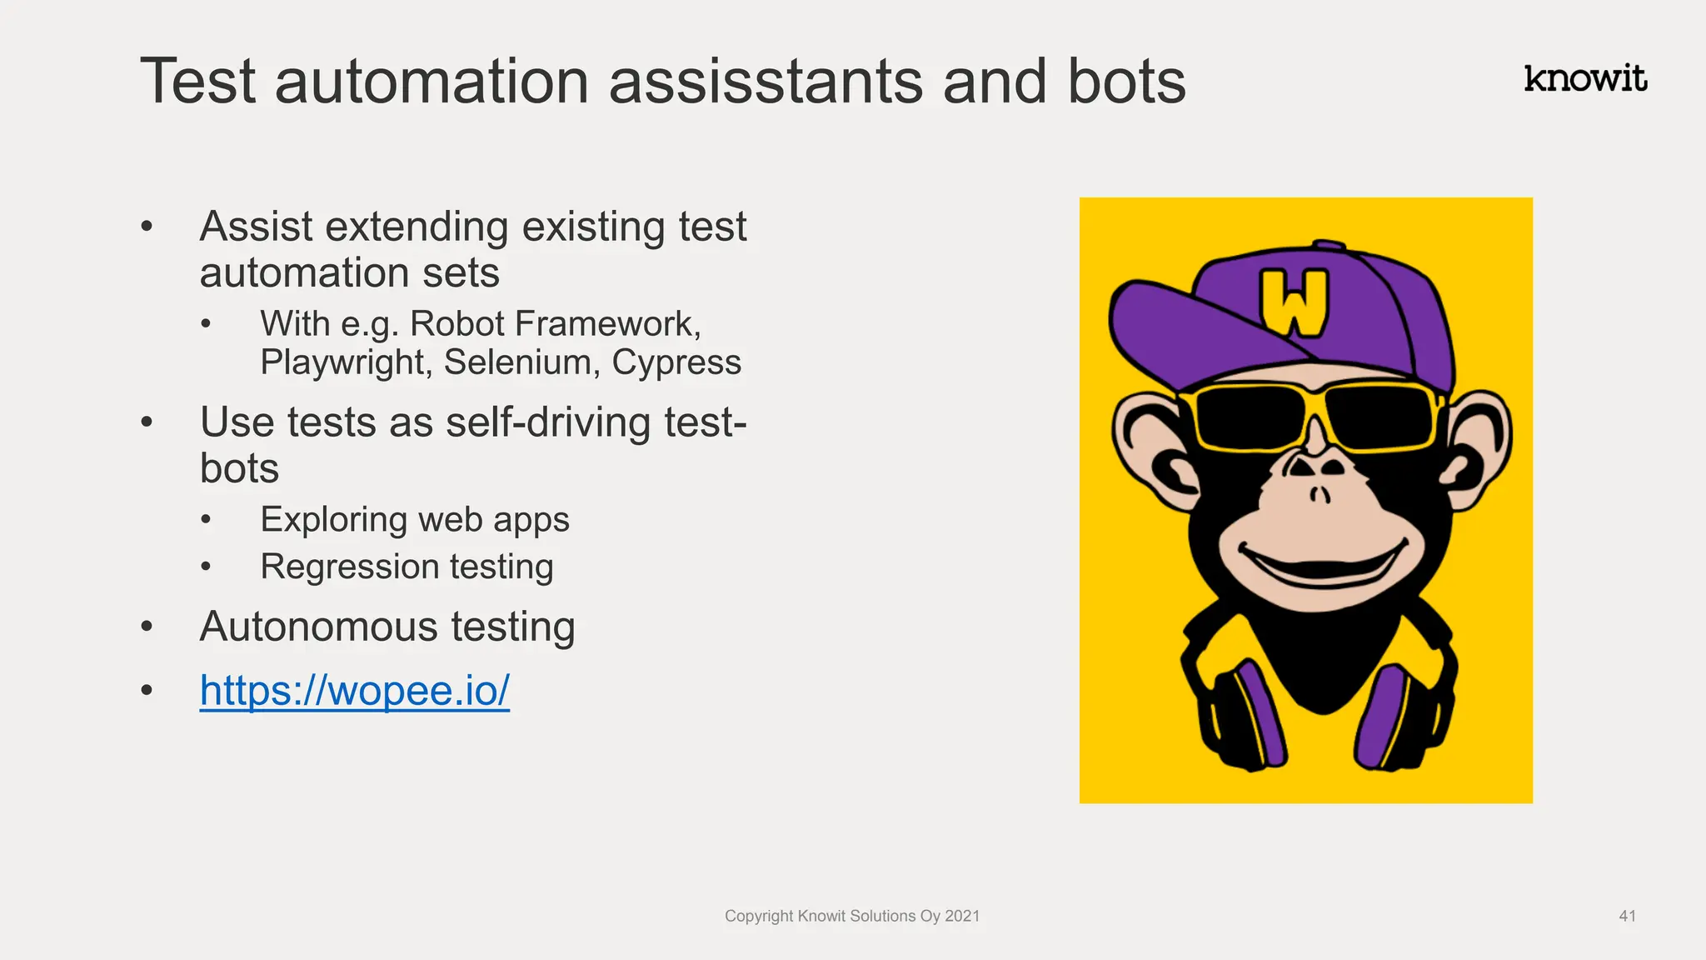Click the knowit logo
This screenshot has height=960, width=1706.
pos(1585,78)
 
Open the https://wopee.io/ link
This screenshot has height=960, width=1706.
pos(354,690)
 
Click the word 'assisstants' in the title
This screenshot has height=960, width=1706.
pos(766,82)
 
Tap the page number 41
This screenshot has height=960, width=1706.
pos(1627,916)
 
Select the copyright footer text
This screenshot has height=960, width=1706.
pos(851,916)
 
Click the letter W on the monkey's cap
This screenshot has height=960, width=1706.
pos(1293,302)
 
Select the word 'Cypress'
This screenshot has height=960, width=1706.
pos(676,362)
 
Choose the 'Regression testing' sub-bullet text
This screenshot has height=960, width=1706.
pos(407,567)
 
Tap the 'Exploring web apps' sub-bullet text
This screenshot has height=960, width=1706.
pos(414,520)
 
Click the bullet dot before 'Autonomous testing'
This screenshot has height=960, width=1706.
pos(147,626)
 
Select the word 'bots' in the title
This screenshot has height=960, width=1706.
pos(1126,82)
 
